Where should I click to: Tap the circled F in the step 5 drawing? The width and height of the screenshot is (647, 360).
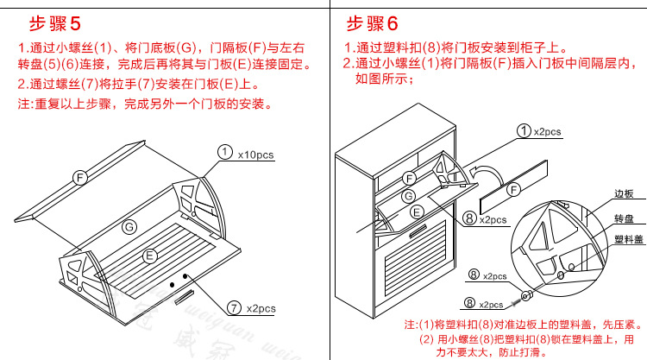click(79, 176)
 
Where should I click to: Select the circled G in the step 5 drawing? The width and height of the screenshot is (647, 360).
click(129, 226)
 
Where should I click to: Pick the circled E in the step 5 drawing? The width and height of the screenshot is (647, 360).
click(149, 256)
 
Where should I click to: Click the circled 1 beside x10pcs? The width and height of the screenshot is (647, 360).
click(224, 152)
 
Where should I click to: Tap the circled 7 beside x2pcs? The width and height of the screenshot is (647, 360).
click(234, 306)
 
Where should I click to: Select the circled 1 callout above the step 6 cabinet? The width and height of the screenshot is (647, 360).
click(523, 131)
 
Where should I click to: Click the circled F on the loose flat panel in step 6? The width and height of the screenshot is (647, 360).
click(514, 189)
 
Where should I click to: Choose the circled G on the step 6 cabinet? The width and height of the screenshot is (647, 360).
click(408, 196)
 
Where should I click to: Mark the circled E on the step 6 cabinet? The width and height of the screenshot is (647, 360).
click(417, 211)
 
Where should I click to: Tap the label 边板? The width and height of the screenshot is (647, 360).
click(623, 195)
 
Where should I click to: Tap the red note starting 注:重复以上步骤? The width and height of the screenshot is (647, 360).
click(146, 104)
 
